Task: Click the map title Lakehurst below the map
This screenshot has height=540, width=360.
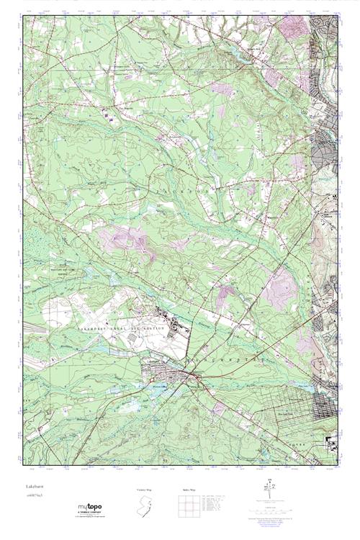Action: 34,487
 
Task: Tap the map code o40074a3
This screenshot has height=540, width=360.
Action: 34,496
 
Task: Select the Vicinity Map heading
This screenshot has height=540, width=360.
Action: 145,490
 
